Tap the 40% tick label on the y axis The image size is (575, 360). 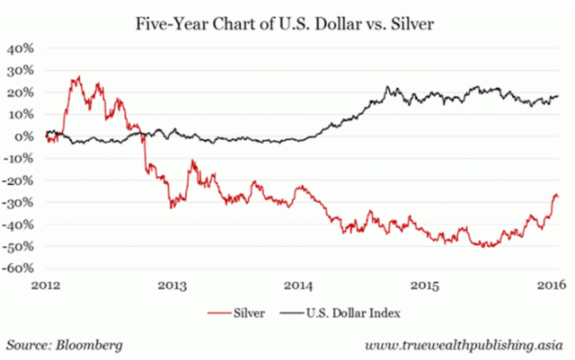21,48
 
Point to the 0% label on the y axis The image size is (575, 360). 24,136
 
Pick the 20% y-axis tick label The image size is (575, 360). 21,92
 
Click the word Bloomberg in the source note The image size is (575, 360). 93,345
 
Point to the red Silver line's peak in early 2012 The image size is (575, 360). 79,77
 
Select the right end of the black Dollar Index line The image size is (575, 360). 558,96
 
